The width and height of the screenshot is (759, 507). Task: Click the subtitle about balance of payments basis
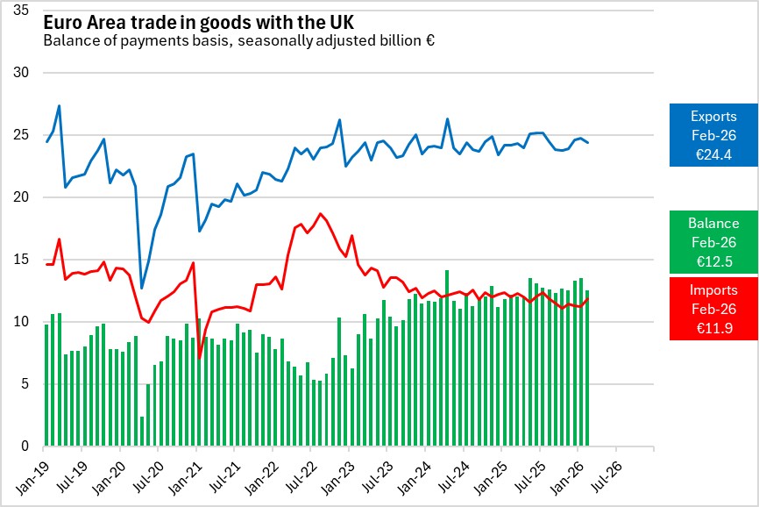pos(239,40)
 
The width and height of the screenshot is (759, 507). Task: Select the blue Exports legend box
pos(713,134)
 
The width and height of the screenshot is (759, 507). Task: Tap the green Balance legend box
pos(713,241)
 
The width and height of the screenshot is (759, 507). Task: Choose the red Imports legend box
pos(713,308)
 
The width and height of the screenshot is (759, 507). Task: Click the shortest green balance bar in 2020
pos(142,431)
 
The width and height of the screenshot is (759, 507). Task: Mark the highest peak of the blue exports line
pos(59,106)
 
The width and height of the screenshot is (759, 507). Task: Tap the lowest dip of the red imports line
pos(200,358)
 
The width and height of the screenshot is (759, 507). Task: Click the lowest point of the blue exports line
pos(142,288)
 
